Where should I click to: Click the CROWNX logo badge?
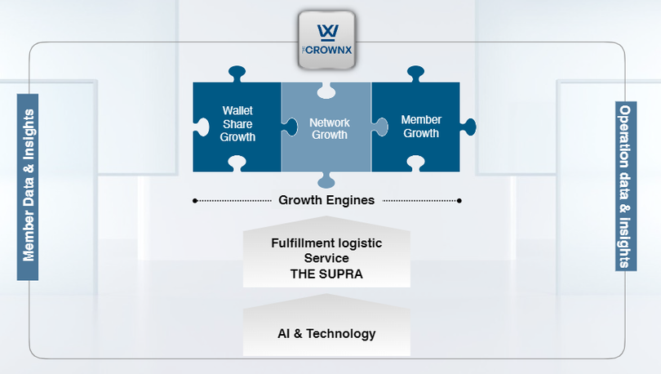(x=326, y=39)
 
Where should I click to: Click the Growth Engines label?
(x=326, y=200)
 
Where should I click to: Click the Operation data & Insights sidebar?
(x=624, y=186)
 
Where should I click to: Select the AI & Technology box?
(x=326, y=333)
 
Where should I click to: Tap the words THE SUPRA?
(x=326, y=274)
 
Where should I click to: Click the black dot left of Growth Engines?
(x=194, y=200)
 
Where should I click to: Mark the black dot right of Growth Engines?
(x=459, y=200)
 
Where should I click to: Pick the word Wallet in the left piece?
(x=238, y=110)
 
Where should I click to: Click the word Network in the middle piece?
(x=329, y=122)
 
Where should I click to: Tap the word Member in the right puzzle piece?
(x=421, y=120)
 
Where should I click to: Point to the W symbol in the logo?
(x=326, y=31)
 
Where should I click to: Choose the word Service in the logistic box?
(x=326, y=258)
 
